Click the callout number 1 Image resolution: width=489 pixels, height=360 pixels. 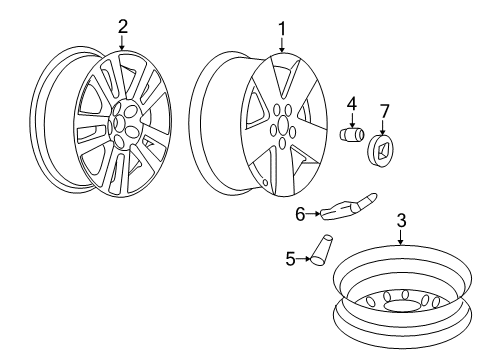click(x=282, y=26)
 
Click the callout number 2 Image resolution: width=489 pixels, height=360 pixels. click(x=122, y=26)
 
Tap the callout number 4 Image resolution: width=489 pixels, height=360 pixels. click(x=352, y=104)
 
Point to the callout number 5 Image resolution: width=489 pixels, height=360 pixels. click(x=290, y=258)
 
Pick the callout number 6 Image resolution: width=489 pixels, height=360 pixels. click(x=299, y=212)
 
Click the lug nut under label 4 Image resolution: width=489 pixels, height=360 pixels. click(x=352, y=133)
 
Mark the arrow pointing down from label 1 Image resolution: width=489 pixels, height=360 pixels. click(x=282, y=44)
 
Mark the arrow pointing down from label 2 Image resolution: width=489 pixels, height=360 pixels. click(x=122, y=43)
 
